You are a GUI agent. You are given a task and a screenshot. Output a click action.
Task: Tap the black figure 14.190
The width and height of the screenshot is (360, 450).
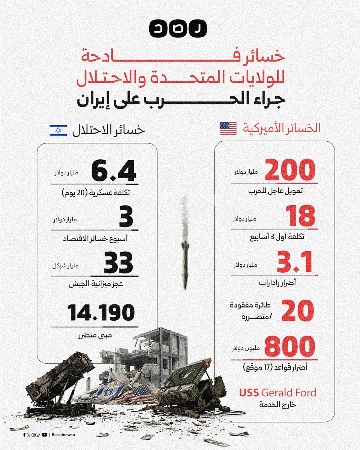101,313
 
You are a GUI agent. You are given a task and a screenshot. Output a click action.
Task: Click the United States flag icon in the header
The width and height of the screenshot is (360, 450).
228,128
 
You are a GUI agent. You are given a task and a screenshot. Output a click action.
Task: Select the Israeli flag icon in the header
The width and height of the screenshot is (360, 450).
58,130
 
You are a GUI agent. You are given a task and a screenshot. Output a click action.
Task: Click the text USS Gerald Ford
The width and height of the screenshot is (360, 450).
278,393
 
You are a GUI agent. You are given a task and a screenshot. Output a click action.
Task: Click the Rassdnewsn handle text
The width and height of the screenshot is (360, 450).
63,435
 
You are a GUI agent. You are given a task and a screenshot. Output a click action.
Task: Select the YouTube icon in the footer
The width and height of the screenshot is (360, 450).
45,435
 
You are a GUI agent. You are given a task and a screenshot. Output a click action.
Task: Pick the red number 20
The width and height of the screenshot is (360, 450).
297,310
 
